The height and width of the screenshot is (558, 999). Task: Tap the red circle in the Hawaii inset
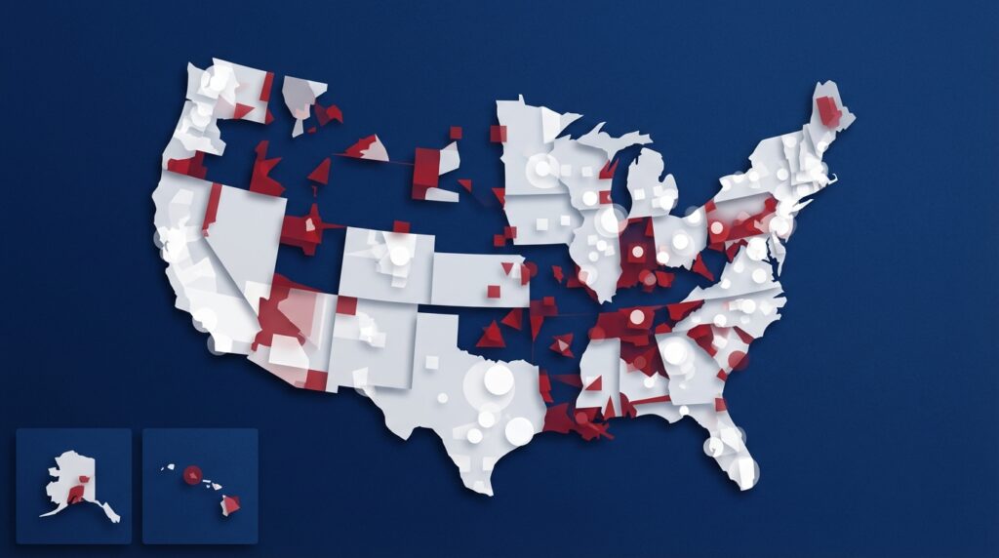pyautogui.click(x=192, y=474)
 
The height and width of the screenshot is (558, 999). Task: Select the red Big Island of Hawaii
pyautogui.click(x=231, y=505)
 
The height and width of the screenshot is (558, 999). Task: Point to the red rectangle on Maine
pyautogui.click(x=829, y=112)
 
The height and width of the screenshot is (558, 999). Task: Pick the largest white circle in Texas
pyautogui.click(x=499, y=379)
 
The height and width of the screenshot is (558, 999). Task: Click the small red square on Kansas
pyautogui.click(x=494, y=291)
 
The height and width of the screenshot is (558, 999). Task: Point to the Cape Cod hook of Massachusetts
pyautogui.click(x=830, y=179)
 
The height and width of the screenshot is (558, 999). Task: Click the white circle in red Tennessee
pyautogui.click(x=637, y=316)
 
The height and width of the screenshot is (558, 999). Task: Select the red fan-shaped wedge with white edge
pyautogui.click(x=366, y=148)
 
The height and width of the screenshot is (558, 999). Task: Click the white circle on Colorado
pyautogui.click(x=400, y=255)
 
